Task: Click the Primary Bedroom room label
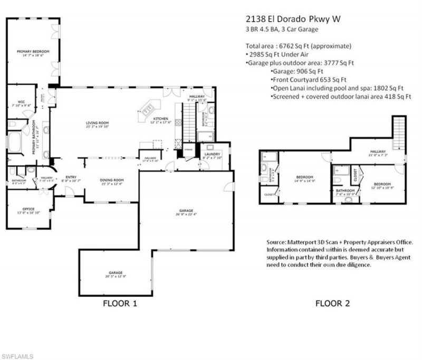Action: (x=33, y=52)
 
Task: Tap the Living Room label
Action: (x=97, y=124)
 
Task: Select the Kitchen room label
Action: (x=161, y=119)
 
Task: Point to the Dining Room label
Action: (x=111, y=181)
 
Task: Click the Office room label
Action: (x=28, y=209)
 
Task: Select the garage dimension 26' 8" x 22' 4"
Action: (x=186, y=215)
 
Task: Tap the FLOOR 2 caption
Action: (x=333, y=304)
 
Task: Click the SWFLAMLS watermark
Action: (x=17, y=356)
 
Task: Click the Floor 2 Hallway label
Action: (x=378, y=153)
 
